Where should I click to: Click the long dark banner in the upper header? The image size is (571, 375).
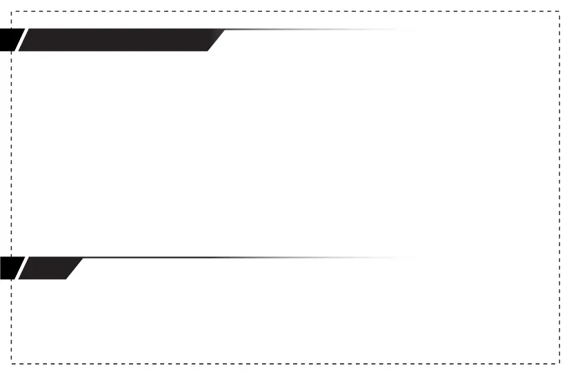[117, 40]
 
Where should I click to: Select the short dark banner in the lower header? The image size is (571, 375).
[48, 268]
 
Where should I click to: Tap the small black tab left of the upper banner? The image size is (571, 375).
[9, 40]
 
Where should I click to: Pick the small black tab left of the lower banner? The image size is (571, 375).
[9, 268]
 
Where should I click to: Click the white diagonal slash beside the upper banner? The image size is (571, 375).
[21, 40]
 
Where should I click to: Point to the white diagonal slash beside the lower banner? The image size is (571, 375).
[21, 268]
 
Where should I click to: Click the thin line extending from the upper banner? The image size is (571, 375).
[310, 30]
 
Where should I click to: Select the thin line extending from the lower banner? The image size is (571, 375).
[241, 258]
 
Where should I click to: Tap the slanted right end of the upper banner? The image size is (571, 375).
[217, 40]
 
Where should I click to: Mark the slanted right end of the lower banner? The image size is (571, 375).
[74, 268]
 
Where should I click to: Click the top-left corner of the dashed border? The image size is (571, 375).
[12, 12]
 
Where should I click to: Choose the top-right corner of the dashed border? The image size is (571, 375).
[559, 12]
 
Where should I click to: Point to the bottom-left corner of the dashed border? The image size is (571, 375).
[12, 363]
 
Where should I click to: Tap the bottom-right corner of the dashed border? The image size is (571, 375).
[559, 363]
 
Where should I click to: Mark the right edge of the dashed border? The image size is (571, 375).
[559, 186]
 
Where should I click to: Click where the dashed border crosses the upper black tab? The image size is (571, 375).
[12, 40]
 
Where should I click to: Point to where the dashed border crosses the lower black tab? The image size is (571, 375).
[12, 268]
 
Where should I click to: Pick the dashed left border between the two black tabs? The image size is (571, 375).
[12, 152]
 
